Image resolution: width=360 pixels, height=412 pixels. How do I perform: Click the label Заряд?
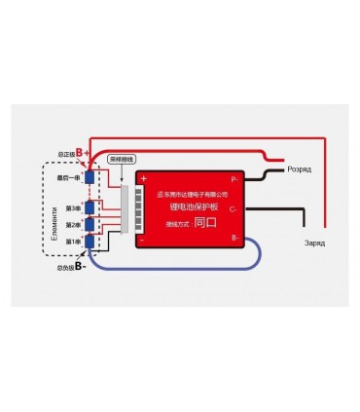[312, 242]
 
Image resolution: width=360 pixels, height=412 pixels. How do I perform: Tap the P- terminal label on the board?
[234, 180]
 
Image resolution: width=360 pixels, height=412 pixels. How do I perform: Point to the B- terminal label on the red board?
[234, 237]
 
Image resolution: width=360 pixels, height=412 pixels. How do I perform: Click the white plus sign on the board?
[142, 178]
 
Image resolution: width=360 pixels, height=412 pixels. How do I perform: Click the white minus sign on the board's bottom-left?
[142, 237]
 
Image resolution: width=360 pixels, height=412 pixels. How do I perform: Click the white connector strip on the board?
[126, 208]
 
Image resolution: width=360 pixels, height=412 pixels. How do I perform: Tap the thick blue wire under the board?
[185, 268]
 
